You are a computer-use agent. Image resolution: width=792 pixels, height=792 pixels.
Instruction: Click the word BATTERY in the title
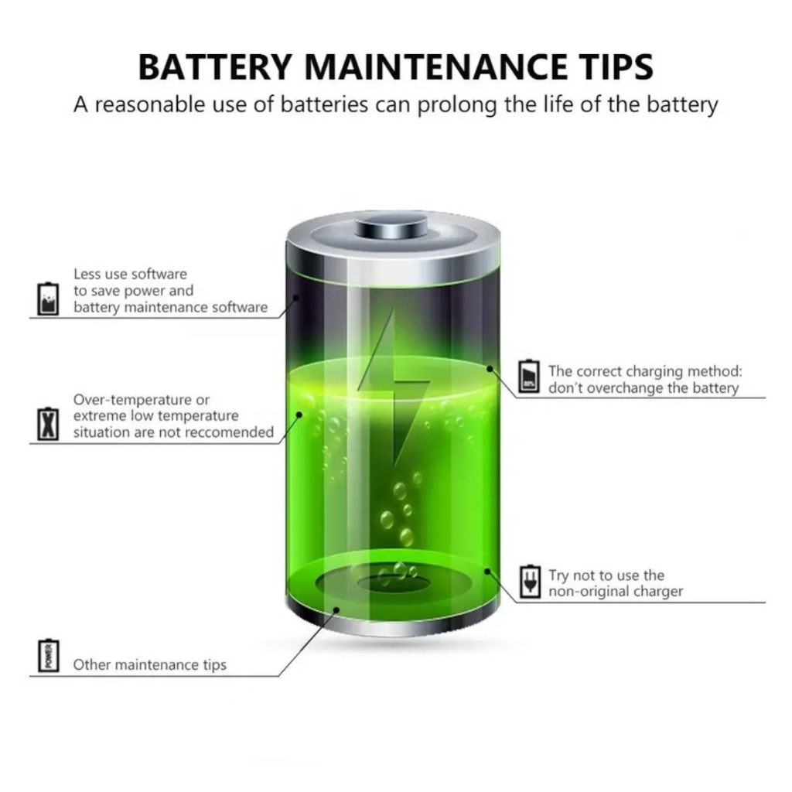tap(216, 67)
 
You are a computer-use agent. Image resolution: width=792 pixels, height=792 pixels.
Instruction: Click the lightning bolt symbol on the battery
tap(394, 389)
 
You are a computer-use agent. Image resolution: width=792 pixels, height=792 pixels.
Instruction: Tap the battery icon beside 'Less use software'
tap(48, 299)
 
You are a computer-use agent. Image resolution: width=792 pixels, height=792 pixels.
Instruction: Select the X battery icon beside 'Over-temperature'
tap(48, 424)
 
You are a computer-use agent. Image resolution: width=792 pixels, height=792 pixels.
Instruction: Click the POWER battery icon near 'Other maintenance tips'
tap(48, 655)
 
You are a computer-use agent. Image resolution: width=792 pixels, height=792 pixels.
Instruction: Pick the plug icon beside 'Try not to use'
tap(529, 582)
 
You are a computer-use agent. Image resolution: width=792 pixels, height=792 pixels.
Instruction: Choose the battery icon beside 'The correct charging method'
tap(529, 377)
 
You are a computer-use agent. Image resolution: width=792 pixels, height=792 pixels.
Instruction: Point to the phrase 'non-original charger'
tap(616, 592)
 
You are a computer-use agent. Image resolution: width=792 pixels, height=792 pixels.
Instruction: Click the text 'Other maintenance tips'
tap(149, 664)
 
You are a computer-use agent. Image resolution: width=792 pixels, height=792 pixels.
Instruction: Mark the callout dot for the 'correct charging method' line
tap(490, 369)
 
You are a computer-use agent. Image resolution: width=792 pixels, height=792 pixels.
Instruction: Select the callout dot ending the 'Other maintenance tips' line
tap(336, 610)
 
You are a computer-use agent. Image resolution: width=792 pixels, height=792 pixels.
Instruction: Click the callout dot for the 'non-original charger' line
tap(487, 572)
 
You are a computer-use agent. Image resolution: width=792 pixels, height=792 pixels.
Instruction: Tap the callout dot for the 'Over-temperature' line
tap(299, 415)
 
